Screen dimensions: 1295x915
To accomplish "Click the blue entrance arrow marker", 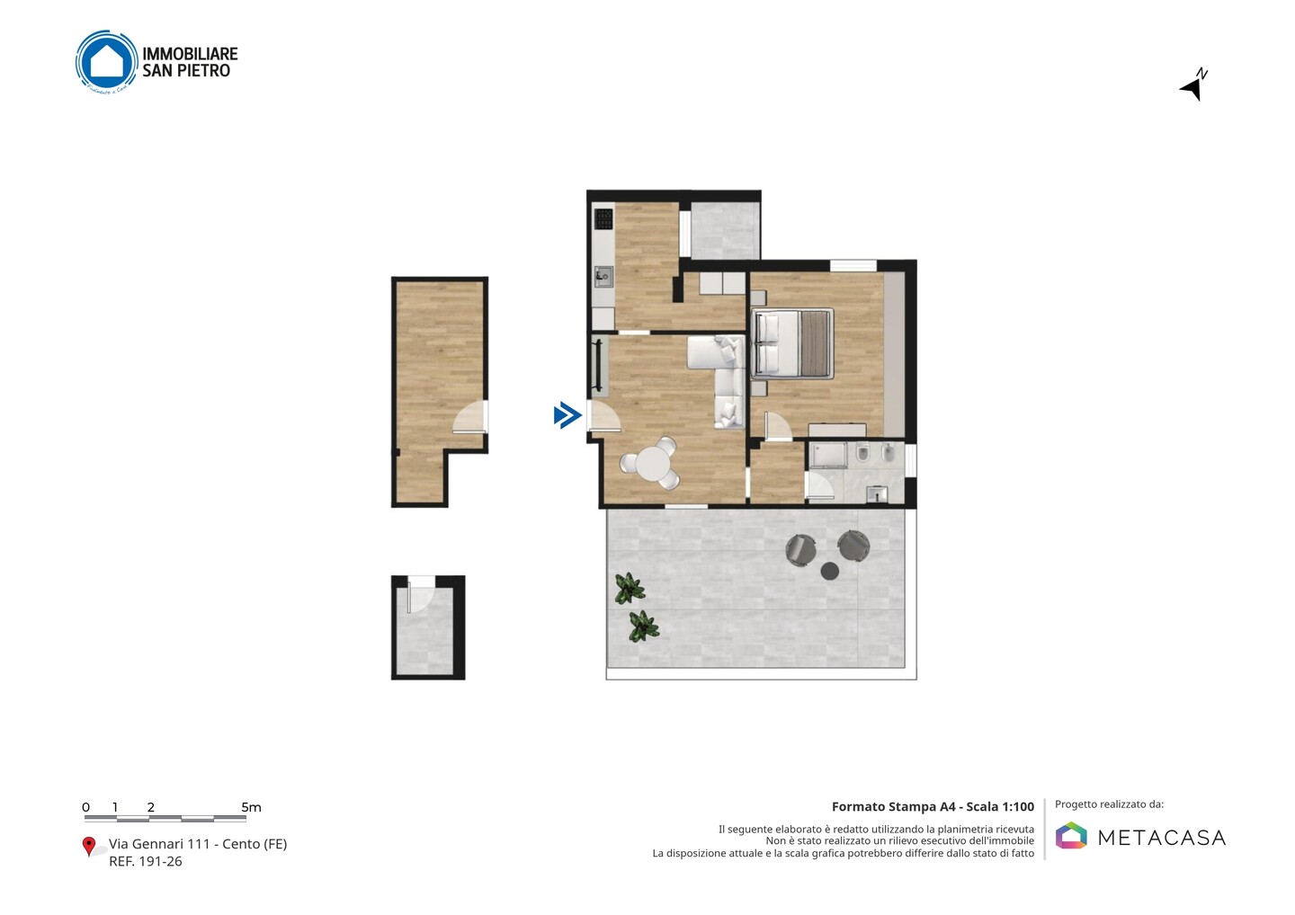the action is click(x=567, y=415).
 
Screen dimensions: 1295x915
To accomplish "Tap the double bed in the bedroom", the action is click(x=792, y=344).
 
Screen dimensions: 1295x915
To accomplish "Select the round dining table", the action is click(x=652, y=464).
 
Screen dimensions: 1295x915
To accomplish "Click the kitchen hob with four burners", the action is click(x=603, y=219).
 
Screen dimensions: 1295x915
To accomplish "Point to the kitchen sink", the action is click(x=603, y=277).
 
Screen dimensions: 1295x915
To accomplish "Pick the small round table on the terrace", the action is click(x=829, y=572).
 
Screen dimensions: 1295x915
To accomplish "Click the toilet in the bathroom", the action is click(x=862, y=454).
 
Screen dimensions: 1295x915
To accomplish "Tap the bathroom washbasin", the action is click(x=877, y=493).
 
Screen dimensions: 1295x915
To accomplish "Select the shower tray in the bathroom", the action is click(x=828, y=455).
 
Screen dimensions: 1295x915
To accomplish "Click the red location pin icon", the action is click(x=88, y=847).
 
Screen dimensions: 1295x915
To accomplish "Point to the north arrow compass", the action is click(x=1194, y=84).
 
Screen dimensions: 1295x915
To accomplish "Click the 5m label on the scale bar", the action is click(x=252, y=807).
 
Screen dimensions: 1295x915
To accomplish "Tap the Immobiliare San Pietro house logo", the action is click(x=106, y=61).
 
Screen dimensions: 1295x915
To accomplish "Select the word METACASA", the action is click(x=1162, y=839).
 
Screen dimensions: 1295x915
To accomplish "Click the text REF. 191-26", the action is click(x=146, y=861).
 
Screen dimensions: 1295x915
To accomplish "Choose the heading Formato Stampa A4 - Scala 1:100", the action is click(x=933, y=806).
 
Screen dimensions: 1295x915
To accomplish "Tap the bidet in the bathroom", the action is click(x=889, y=453).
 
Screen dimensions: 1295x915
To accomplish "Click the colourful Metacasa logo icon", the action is click(x=1071, y=835).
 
